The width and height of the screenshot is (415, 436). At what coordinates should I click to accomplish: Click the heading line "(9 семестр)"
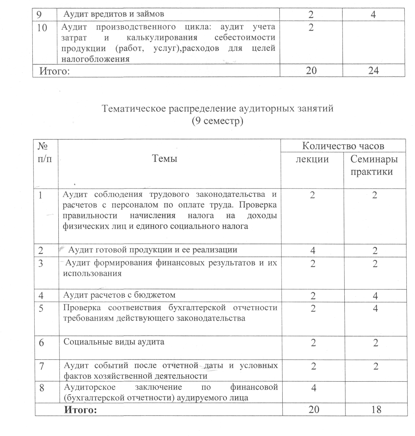click(218, 121)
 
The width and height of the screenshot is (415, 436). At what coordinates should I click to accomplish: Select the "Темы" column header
click(165, 158)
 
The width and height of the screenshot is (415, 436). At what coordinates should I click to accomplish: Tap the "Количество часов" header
click(343, 146)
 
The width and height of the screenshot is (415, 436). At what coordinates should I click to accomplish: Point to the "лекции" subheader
click(312, 159)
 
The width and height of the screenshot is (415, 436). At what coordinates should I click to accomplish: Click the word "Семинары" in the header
click(374, 159)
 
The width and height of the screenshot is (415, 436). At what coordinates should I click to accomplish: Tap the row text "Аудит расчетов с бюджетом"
click(119, 295)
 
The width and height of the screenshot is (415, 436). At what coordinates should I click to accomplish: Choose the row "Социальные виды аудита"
click(114, 341)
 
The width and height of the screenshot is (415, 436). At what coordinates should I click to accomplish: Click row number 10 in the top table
click(42, 28)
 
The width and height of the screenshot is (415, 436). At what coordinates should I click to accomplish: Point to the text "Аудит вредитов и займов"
click(114, 14)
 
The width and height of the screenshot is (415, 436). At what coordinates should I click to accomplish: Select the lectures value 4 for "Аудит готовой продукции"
click(313, 250)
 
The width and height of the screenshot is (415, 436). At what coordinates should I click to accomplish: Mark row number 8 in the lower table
click(42, 388)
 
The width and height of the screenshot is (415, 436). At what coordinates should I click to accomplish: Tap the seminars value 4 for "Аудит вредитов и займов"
click(373, 15)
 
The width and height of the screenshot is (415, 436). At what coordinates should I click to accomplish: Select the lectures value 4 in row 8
click(313, 388)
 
